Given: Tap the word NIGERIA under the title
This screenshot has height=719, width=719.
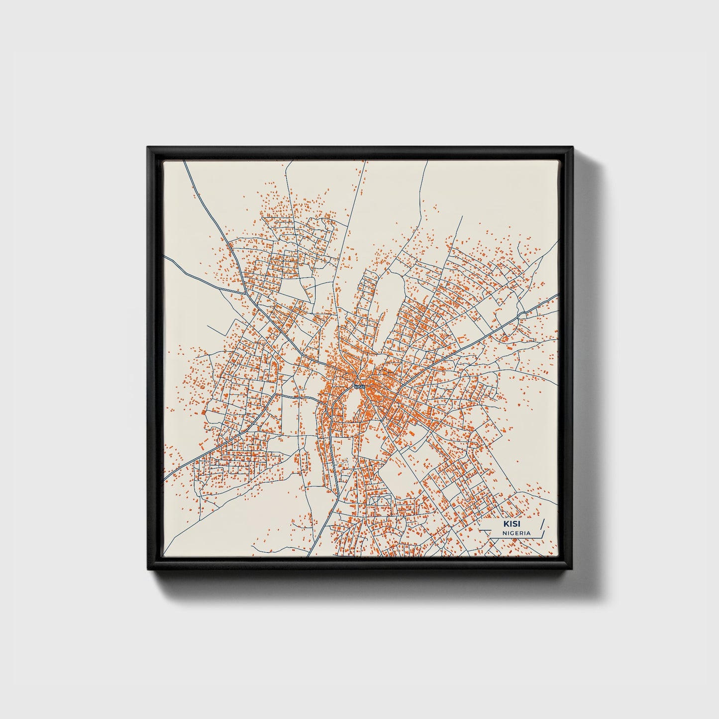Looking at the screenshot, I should (x=516, y=533).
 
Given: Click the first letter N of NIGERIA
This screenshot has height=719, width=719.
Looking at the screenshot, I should (x=504, y=533).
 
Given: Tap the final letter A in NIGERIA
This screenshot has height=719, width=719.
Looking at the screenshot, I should (x=528, y=533).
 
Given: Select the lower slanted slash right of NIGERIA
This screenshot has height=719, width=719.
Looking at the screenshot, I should (x=543, y=533).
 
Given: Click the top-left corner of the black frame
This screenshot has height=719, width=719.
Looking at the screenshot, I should (x=148, y=148).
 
